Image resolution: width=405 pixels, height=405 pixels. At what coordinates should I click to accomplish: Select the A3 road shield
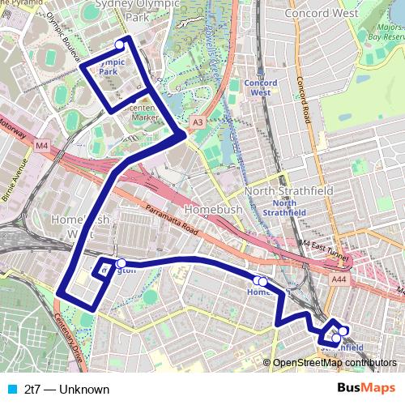click(x=197, y=122)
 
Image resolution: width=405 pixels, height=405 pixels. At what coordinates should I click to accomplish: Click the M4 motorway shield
click(x=42, y=145)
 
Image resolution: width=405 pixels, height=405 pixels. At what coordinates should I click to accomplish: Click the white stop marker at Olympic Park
click(x=121, y=45)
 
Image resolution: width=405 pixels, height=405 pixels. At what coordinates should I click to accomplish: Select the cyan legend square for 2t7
click(x=11, y=390)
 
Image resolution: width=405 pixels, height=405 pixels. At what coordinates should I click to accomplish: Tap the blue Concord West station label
click(x=262, y=87)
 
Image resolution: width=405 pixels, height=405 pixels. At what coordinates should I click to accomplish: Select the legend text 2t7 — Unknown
click(x=66, y=390)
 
